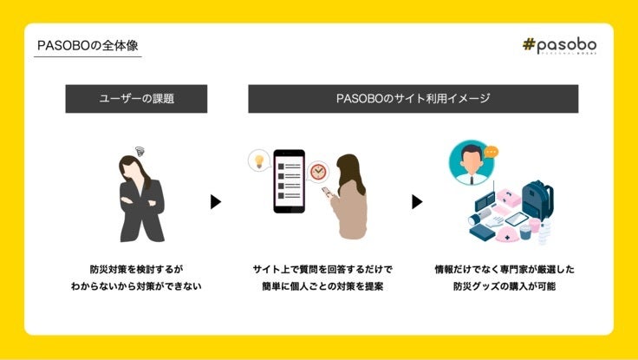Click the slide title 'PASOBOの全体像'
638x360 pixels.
click(x=88, y=45)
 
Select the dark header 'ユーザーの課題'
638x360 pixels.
click(x=136, y=99)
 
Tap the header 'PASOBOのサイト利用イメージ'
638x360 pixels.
click(x=413, y=99)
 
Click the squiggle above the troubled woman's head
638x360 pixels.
click(x=140, y=151)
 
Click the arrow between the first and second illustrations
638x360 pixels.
click(x=216, y=201)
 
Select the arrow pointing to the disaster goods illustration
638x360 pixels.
click(x=417, y=201)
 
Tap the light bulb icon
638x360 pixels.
click(x=257, y=160)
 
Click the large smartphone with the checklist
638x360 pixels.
click(x=289, y=180)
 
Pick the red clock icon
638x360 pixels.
click(x=318, y=171)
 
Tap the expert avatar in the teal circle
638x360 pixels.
click(x=471, y=163)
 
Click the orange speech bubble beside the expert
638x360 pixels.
click(x=492, y=151)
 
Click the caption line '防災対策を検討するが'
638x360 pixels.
click(x=136, y=269)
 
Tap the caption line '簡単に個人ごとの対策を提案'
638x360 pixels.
click(x=322, y=286)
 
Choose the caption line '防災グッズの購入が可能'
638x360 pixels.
click(x=504, y=286)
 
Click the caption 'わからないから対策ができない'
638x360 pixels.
click(x=136, y=286)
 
